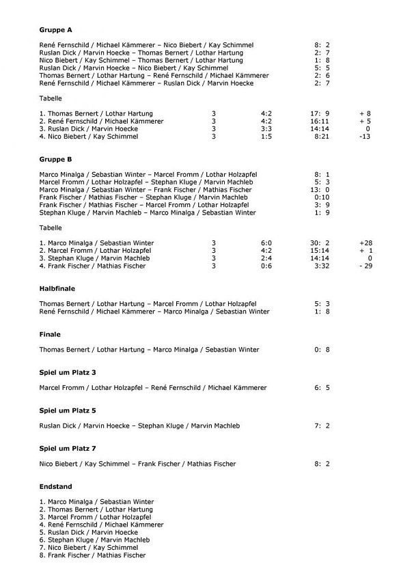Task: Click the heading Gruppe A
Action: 56,30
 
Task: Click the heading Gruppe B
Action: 56,159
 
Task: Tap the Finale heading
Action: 51,335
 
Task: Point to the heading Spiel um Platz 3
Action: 68,372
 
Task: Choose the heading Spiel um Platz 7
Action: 68,449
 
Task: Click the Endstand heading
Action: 56,486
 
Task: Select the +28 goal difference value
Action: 368,243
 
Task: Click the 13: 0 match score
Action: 322,190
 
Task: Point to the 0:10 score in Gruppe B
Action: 322,197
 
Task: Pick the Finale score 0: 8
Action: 322,350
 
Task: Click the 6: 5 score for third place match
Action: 322,388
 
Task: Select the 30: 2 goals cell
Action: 322,243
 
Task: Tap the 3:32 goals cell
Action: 322,266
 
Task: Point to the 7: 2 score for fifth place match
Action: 322,426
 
